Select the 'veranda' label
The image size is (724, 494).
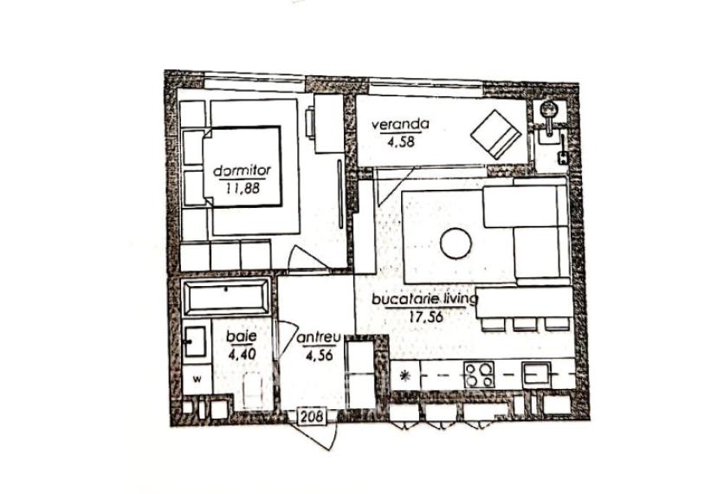pyautogui.click(x=401, y=124)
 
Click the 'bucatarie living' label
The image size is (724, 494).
pyautogui.click(x=424, y=300)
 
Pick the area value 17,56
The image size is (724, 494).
pyautogui.click(x=425, y=315)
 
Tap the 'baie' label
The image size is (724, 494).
pyautogui.click(x=236, y=336)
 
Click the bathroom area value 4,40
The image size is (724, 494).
pyautogui.click(x=242, y=353)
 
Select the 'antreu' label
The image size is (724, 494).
pyautogui.click(x=316, y=338)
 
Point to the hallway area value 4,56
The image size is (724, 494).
pyautogui.click(x=317, y=353)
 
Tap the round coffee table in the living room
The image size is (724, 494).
pyautogui.click(x=456, y=244)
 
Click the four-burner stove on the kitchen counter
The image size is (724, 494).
pyautogui.click(x=479, y=375)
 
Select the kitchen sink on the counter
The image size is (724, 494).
pyautogui.click(x=537, y=375)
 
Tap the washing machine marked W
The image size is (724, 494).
pyautogui.click(x=197, y=379)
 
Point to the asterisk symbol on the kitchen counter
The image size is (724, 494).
pyautogui.click(x=405, y=375)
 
